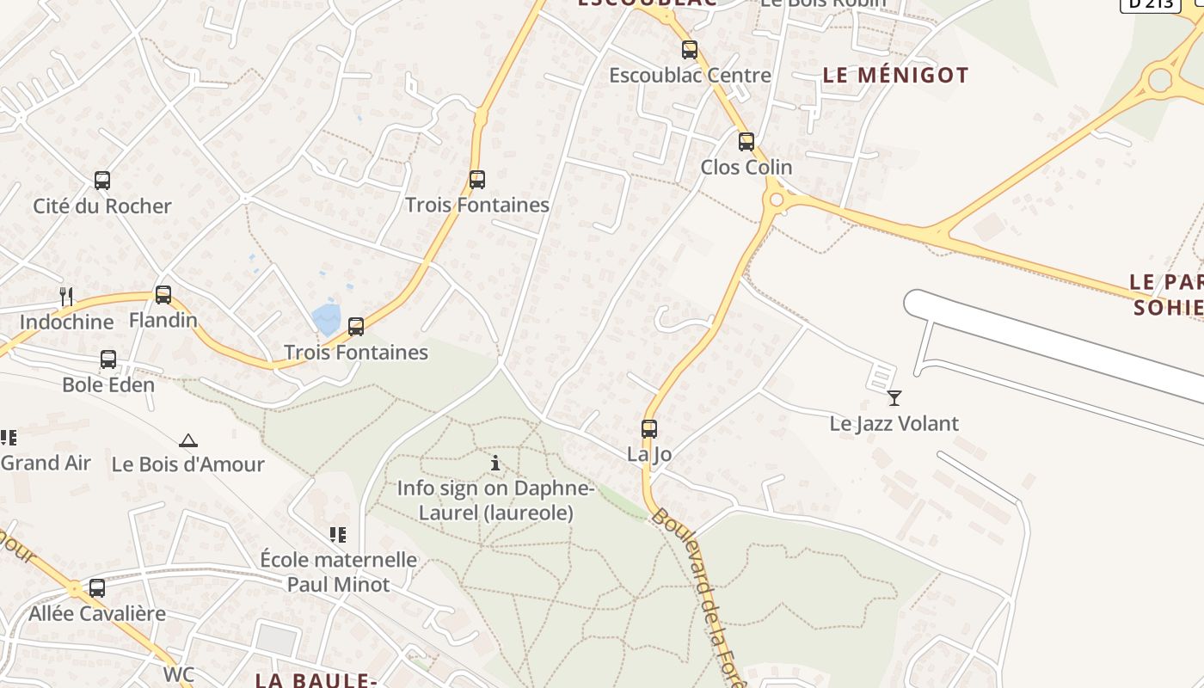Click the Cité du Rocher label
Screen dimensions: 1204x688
[102, 206]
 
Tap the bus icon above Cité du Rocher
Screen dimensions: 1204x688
[102, 181]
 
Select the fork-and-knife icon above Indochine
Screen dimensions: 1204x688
[66, 297]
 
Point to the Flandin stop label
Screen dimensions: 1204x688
[163, 321]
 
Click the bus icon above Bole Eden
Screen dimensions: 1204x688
[108, 359]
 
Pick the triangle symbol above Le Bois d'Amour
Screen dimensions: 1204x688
[188, 441]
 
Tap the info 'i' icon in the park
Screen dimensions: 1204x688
[495, 464]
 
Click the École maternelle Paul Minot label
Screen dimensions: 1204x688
[338, 572]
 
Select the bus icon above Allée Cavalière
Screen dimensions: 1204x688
[97, 588]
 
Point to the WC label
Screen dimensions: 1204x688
[179, 673]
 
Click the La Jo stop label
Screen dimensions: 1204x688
[649, 454]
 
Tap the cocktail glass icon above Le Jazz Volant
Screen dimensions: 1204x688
[894, 398]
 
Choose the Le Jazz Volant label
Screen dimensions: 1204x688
[894, 423]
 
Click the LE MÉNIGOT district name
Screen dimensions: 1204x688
[895, 76]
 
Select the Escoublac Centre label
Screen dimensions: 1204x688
[690, 76]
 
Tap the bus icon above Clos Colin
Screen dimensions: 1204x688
[746, 142]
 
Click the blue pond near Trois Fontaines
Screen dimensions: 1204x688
[328, 318]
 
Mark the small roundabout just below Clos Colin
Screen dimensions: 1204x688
[777, 200]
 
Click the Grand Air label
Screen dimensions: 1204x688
[46, 463]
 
